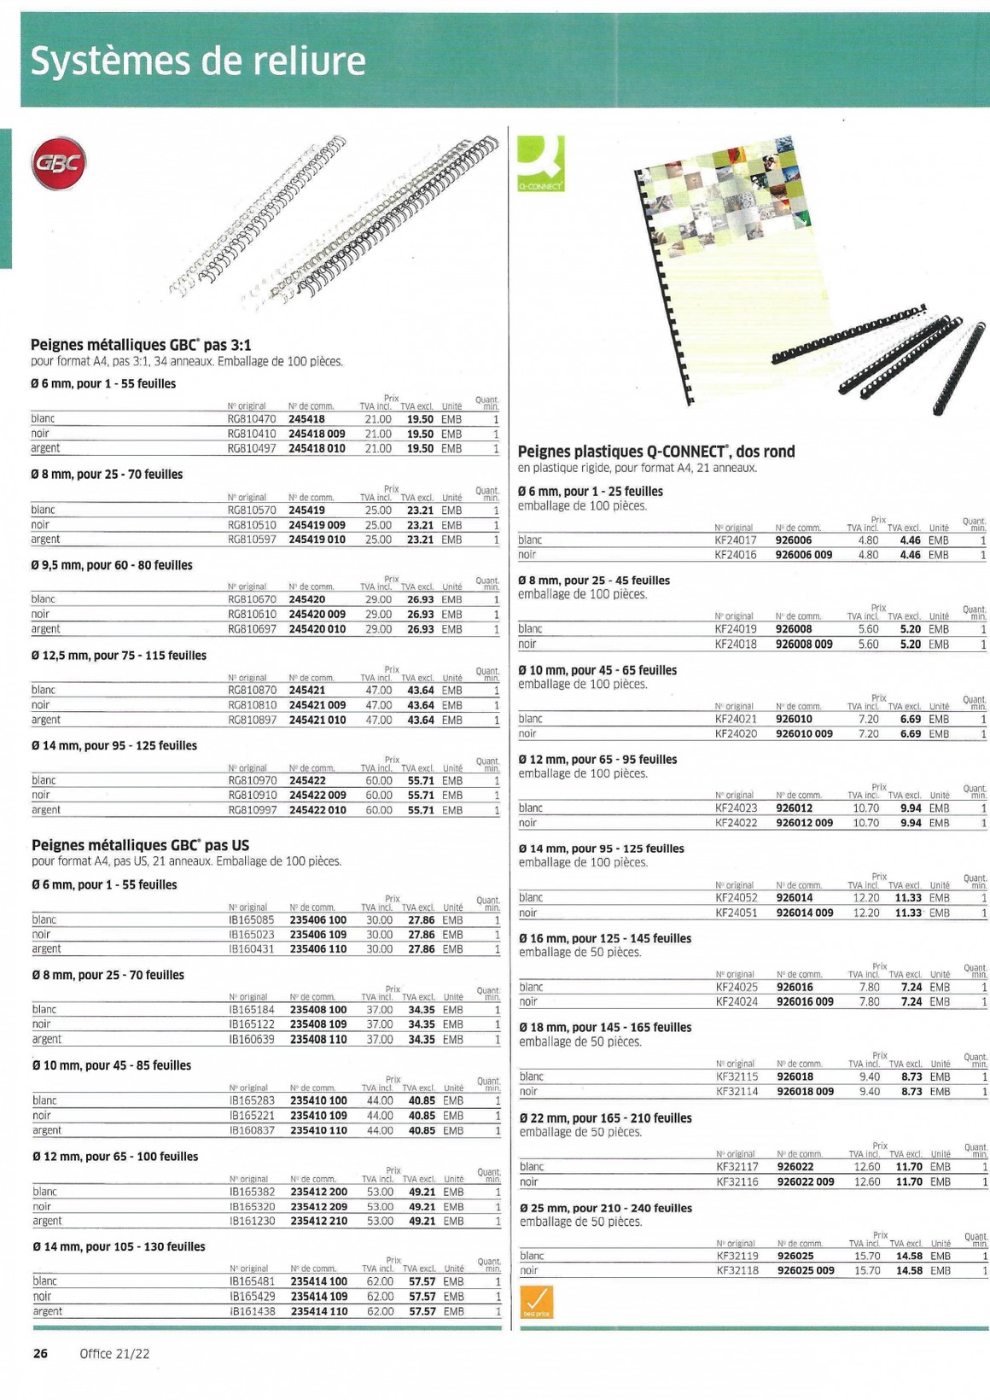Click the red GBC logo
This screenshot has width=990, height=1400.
(60, 163)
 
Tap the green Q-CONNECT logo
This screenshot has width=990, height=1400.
(540, 163)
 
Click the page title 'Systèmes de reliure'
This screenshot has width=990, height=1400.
(198, 61)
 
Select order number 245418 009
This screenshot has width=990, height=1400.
(317, 434)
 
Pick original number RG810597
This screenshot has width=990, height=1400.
(252, 540)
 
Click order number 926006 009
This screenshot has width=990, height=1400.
(803, 555)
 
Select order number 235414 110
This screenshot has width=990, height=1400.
(318, 1311)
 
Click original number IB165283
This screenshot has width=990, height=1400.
(252, 1100)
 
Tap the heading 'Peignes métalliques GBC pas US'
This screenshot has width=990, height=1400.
(140, 845)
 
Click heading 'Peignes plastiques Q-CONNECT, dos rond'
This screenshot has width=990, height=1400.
(655, 452)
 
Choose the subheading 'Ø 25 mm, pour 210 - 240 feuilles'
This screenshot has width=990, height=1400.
(605, 1208)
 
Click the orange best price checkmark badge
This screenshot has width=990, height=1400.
(536, 1302)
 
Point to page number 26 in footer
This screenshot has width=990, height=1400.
(40, 1353)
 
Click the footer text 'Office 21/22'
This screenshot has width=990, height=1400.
(114, 1353)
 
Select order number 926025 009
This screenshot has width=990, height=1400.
(805, 1271)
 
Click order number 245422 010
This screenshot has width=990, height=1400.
(317, 810)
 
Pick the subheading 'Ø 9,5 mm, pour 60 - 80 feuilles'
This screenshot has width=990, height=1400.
(112, 565)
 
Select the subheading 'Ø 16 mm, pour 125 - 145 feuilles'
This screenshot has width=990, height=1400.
(605, 938)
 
